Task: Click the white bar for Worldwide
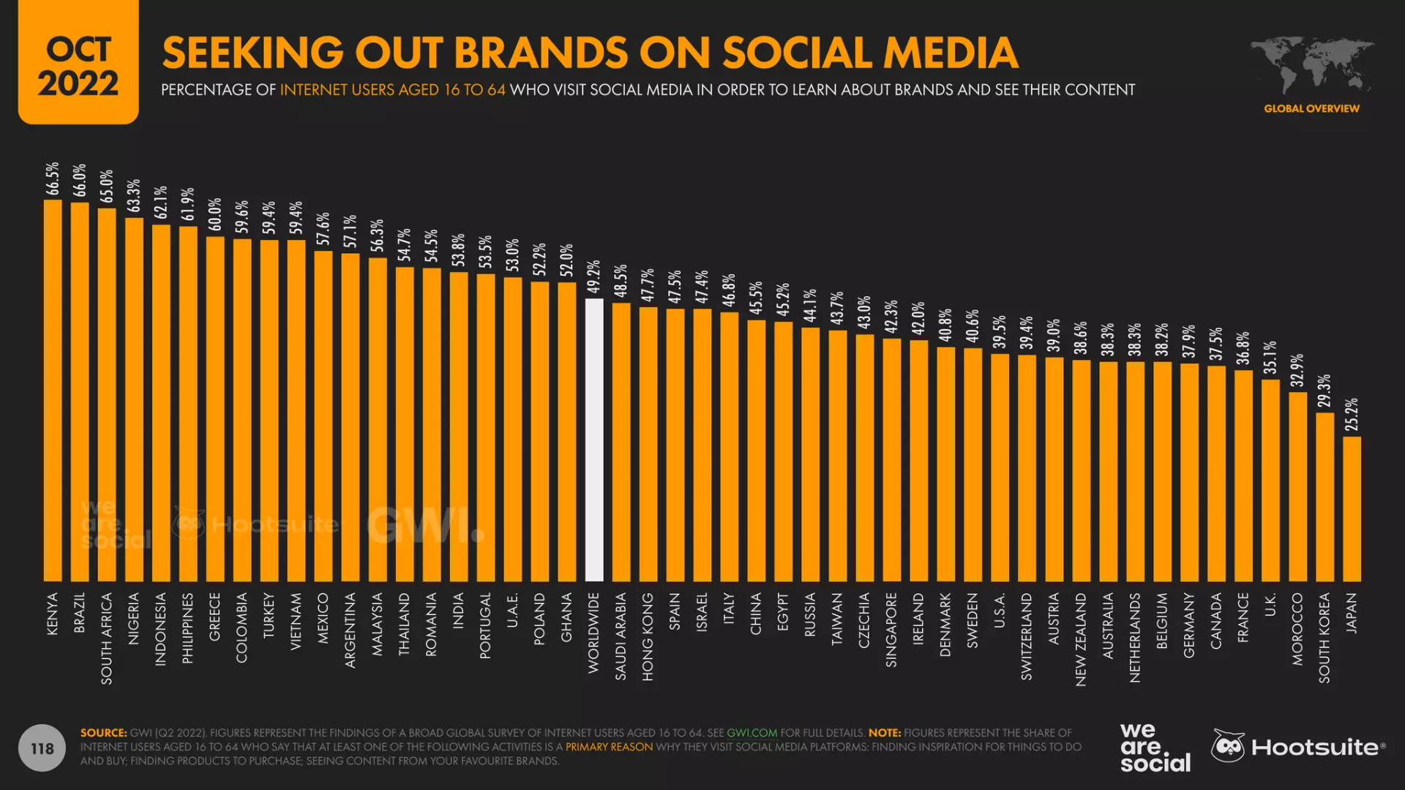pyautogui.click(x=594, y=440)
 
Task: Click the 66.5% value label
pyautogui.click(x=53, y=178)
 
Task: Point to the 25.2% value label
pyautogui.click(x=1352, y=415)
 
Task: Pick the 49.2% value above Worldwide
pyautogui.click(x=594, y=276)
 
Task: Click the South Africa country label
pyautogui.click(x=107, y=638)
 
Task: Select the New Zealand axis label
pyautogui.click(x=1081, y=639)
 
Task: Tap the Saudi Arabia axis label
pyautogui.click(x=621, y=636)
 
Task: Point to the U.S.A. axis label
pyautogui.click(x=1000, y=611)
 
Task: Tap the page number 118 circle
pyautogui.click(x=42, y=748)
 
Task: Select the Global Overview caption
pyautogui.click(x=1311, y=108)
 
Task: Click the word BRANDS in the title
pyautogui.click(x=541, y=53)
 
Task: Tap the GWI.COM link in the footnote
pyautogui.click(x=752, y=733)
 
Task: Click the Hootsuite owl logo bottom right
pyautogui.click(x=1228, y=746)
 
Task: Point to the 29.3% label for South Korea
pyautogui.click(x=1325, y=391)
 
